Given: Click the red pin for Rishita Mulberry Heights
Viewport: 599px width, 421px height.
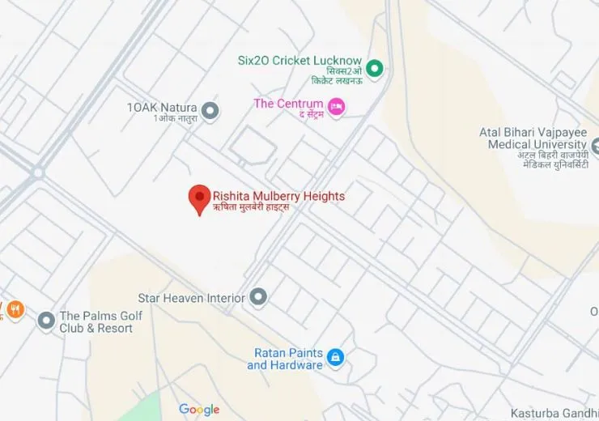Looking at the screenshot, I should tap(199, 198).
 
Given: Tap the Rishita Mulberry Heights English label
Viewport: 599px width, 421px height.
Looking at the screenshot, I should tap(278, 196).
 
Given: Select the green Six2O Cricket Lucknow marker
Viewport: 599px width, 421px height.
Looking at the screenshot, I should tap(374, 67).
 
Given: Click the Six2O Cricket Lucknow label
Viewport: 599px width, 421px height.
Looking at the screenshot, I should tap(299, 61).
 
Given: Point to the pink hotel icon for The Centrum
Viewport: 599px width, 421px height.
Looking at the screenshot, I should tap(336, 105).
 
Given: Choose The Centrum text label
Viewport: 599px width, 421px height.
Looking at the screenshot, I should tap(288, 104).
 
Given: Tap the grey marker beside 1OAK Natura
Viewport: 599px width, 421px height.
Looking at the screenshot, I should tap(210, 111).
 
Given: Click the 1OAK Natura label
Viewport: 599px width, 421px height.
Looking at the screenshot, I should tap(162, 108).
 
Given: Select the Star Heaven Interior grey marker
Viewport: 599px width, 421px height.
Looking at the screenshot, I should tap(258, 298).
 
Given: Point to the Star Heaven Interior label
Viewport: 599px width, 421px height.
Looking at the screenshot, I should tap(191, 298).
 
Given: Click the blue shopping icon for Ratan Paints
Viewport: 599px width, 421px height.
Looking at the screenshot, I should tap(335, 357).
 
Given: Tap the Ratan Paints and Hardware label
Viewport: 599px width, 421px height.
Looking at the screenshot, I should tap(285, 359).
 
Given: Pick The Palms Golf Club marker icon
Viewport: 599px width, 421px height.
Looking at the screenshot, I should tap(46, 321).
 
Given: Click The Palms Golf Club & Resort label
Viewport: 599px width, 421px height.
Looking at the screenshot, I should tap(96, 322).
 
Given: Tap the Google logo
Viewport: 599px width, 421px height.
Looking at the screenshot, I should tap(199, 410).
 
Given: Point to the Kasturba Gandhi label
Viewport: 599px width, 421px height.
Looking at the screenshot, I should tap(554, 413).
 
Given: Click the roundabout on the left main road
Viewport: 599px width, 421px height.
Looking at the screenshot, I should tap(37, 172).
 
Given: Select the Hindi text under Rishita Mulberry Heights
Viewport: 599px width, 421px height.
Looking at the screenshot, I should tap(250, 208).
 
